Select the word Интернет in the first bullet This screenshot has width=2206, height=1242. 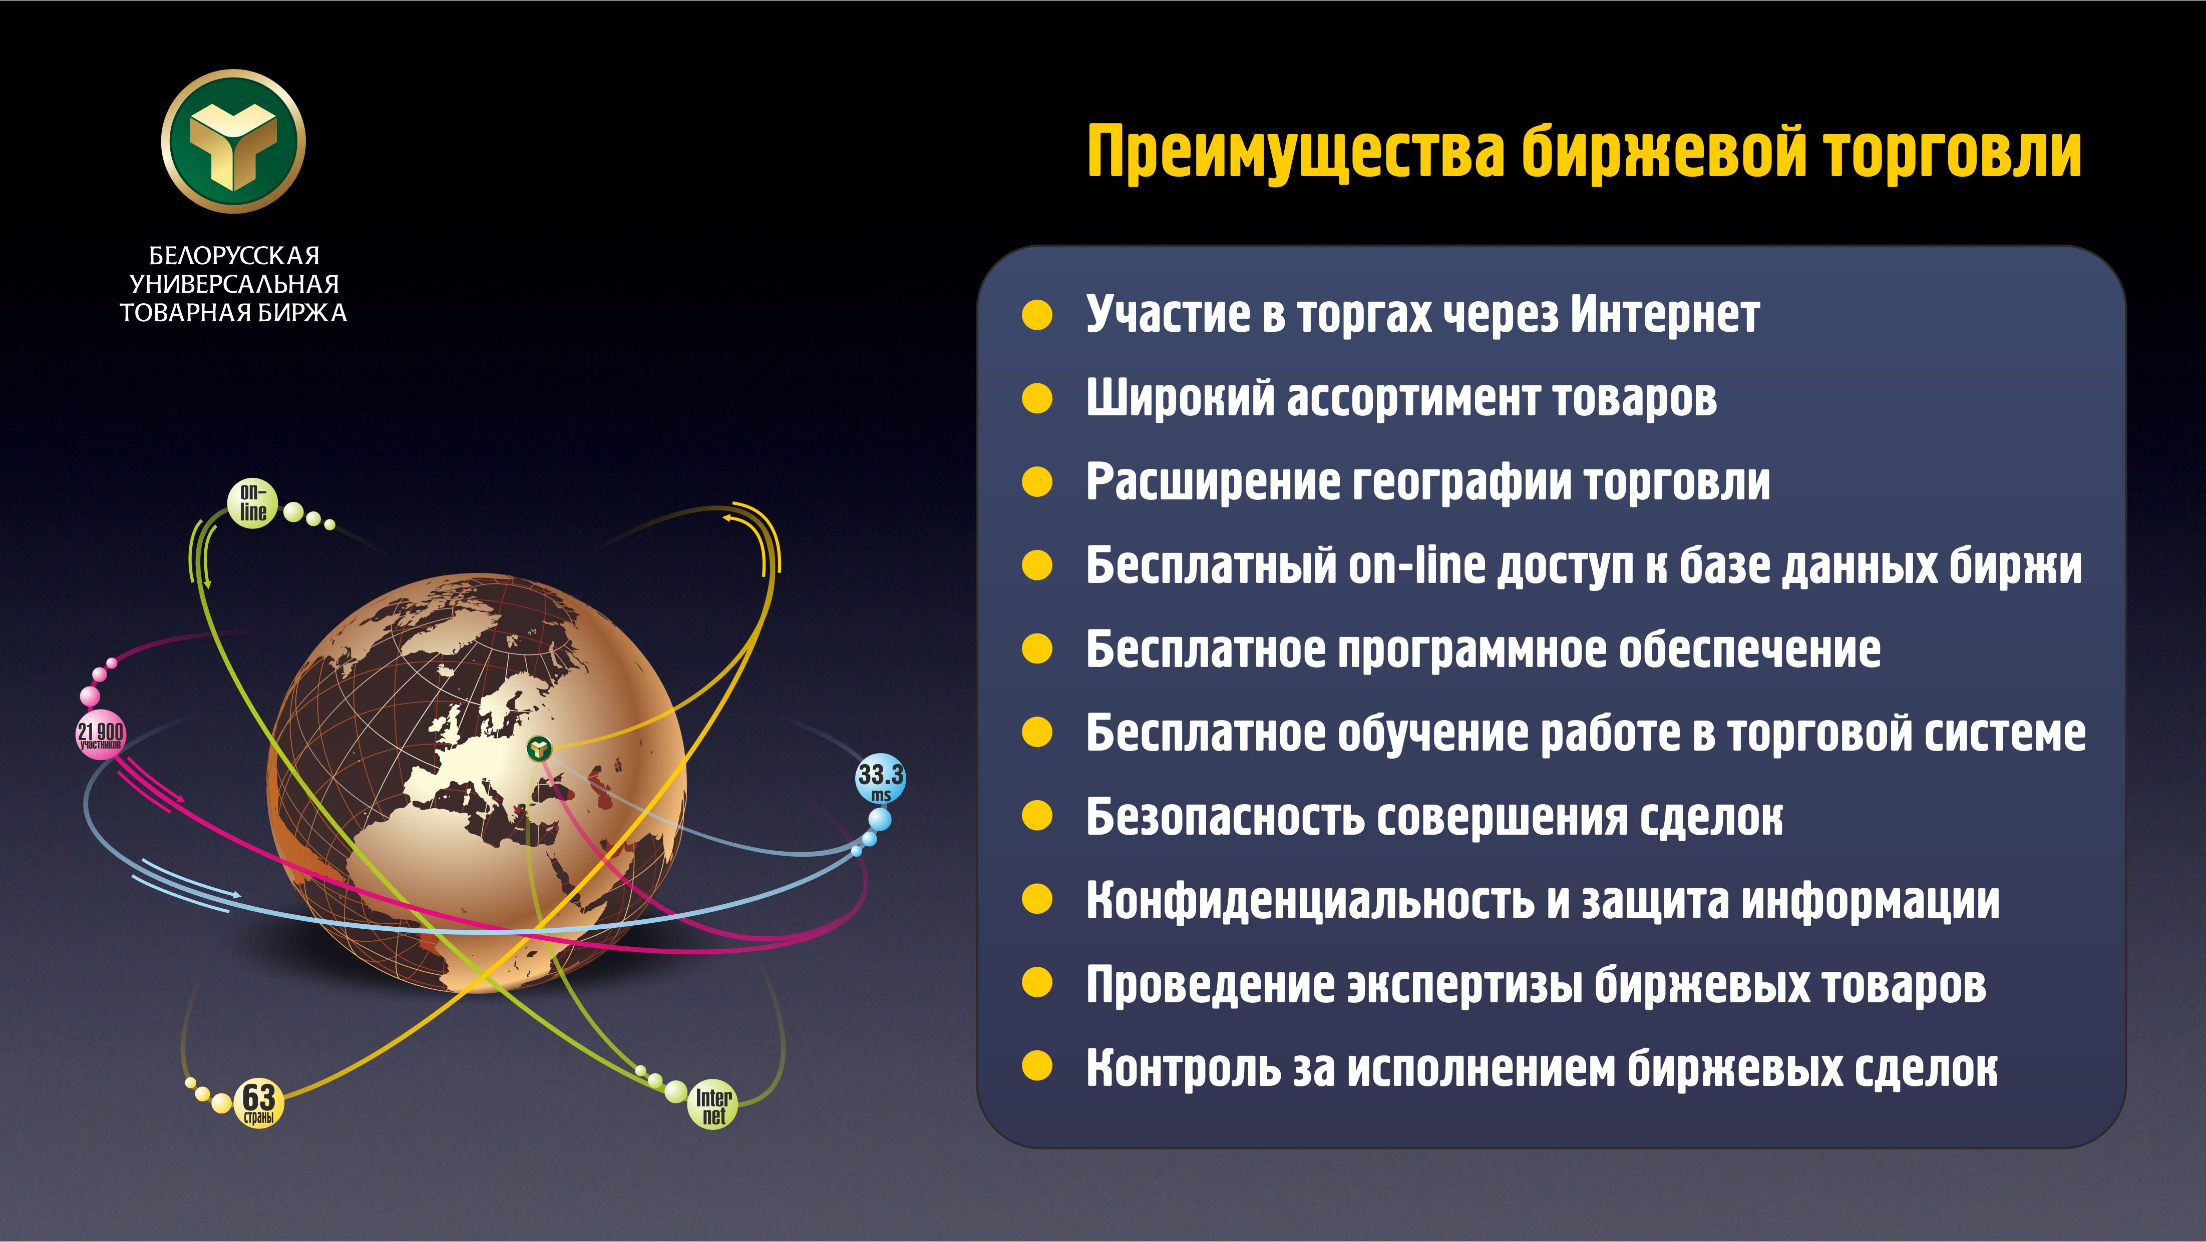(1664, 314)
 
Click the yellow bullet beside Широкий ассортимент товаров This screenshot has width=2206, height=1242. (1037, 398)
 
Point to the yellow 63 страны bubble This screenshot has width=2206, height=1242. (259, 1101)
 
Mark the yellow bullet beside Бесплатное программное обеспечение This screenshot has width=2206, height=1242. (1037, 649)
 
